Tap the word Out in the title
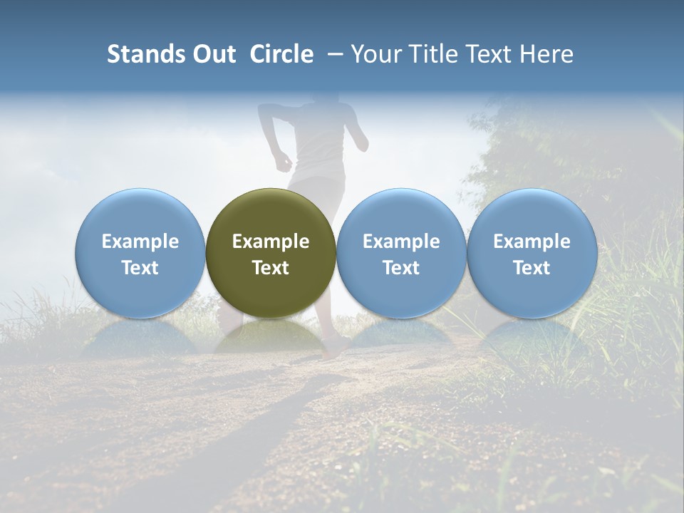tap(212, 54)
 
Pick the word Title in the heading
tap(432, 54)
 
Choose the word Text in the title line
tap(487, 54)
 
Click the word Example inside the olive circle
tap(271, 242)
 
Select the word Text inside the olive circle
tap(271, 268)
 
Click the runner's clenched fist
tap(284, 160)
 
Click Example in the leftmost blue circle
tap(140, 242)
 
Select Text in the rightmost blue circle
tap(532, 268)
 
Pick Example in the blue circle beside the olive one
tap(401, 242)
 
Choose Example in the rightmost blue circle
tap(532, 242)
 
